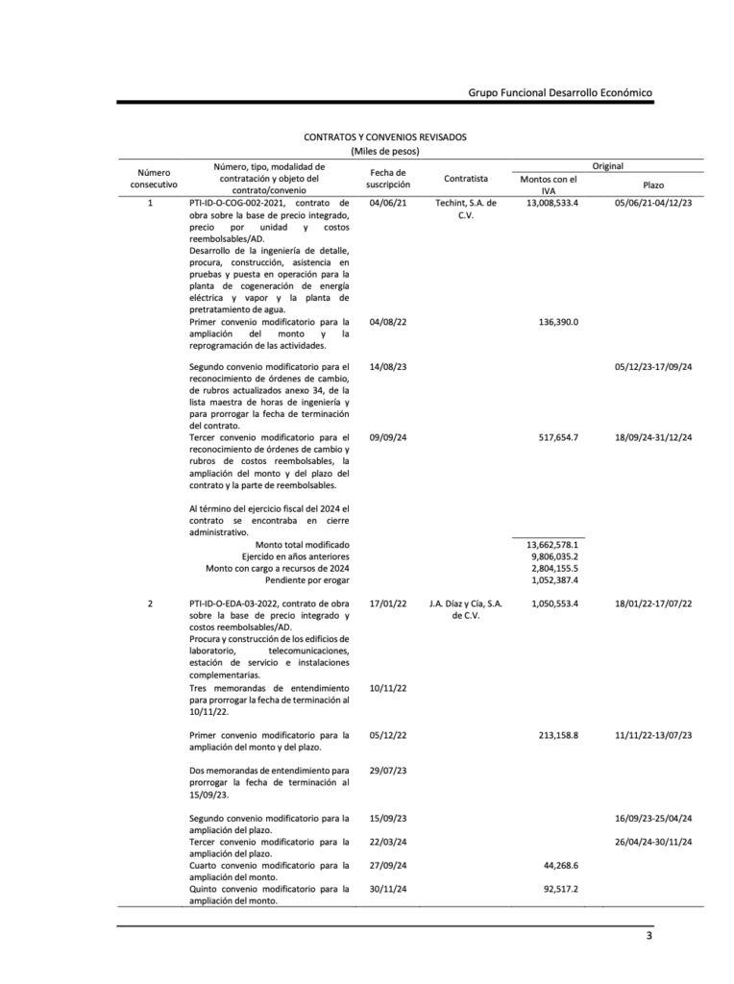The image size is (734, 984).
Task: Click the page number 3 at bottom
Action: pyautogui.click(x=648, y=936)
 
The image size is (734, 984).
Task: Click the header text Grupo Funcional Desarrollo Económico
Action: pyautogui.click(x=560, y=92)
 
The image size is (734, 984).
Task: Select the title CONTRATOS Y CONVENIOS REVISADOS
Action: pyautogui.click(x=385, y=137)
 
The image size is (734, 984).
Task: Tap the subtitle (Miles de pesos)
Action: pyautogui.click(x=385, y=151)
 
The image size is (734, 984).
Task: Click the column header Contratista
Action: pyautogui.click(x=466, y=179)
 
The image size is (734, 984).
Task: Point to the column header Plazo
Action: pyautogui.click(x=653, y=184)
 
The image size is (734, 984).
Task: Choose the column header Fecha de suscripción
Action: pyautogui.click(x=388, y=178)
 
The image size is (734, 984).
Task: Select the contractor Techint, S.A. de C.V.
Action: pyautogui.click(x=466, y=209)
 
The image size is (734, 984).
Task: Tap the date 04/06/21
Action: pyautogui.click(x=388, y=204)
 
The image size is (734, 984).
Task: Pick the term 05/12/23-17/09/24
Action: pyautogui.click(x=653, y=367)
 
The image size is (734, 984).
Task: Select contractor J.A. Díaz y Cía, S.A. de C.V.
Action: pyautogui.click(x=466, y=609)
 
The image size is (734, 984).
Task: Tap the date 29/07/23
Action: pyautogui.click(x=388, y=771)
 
